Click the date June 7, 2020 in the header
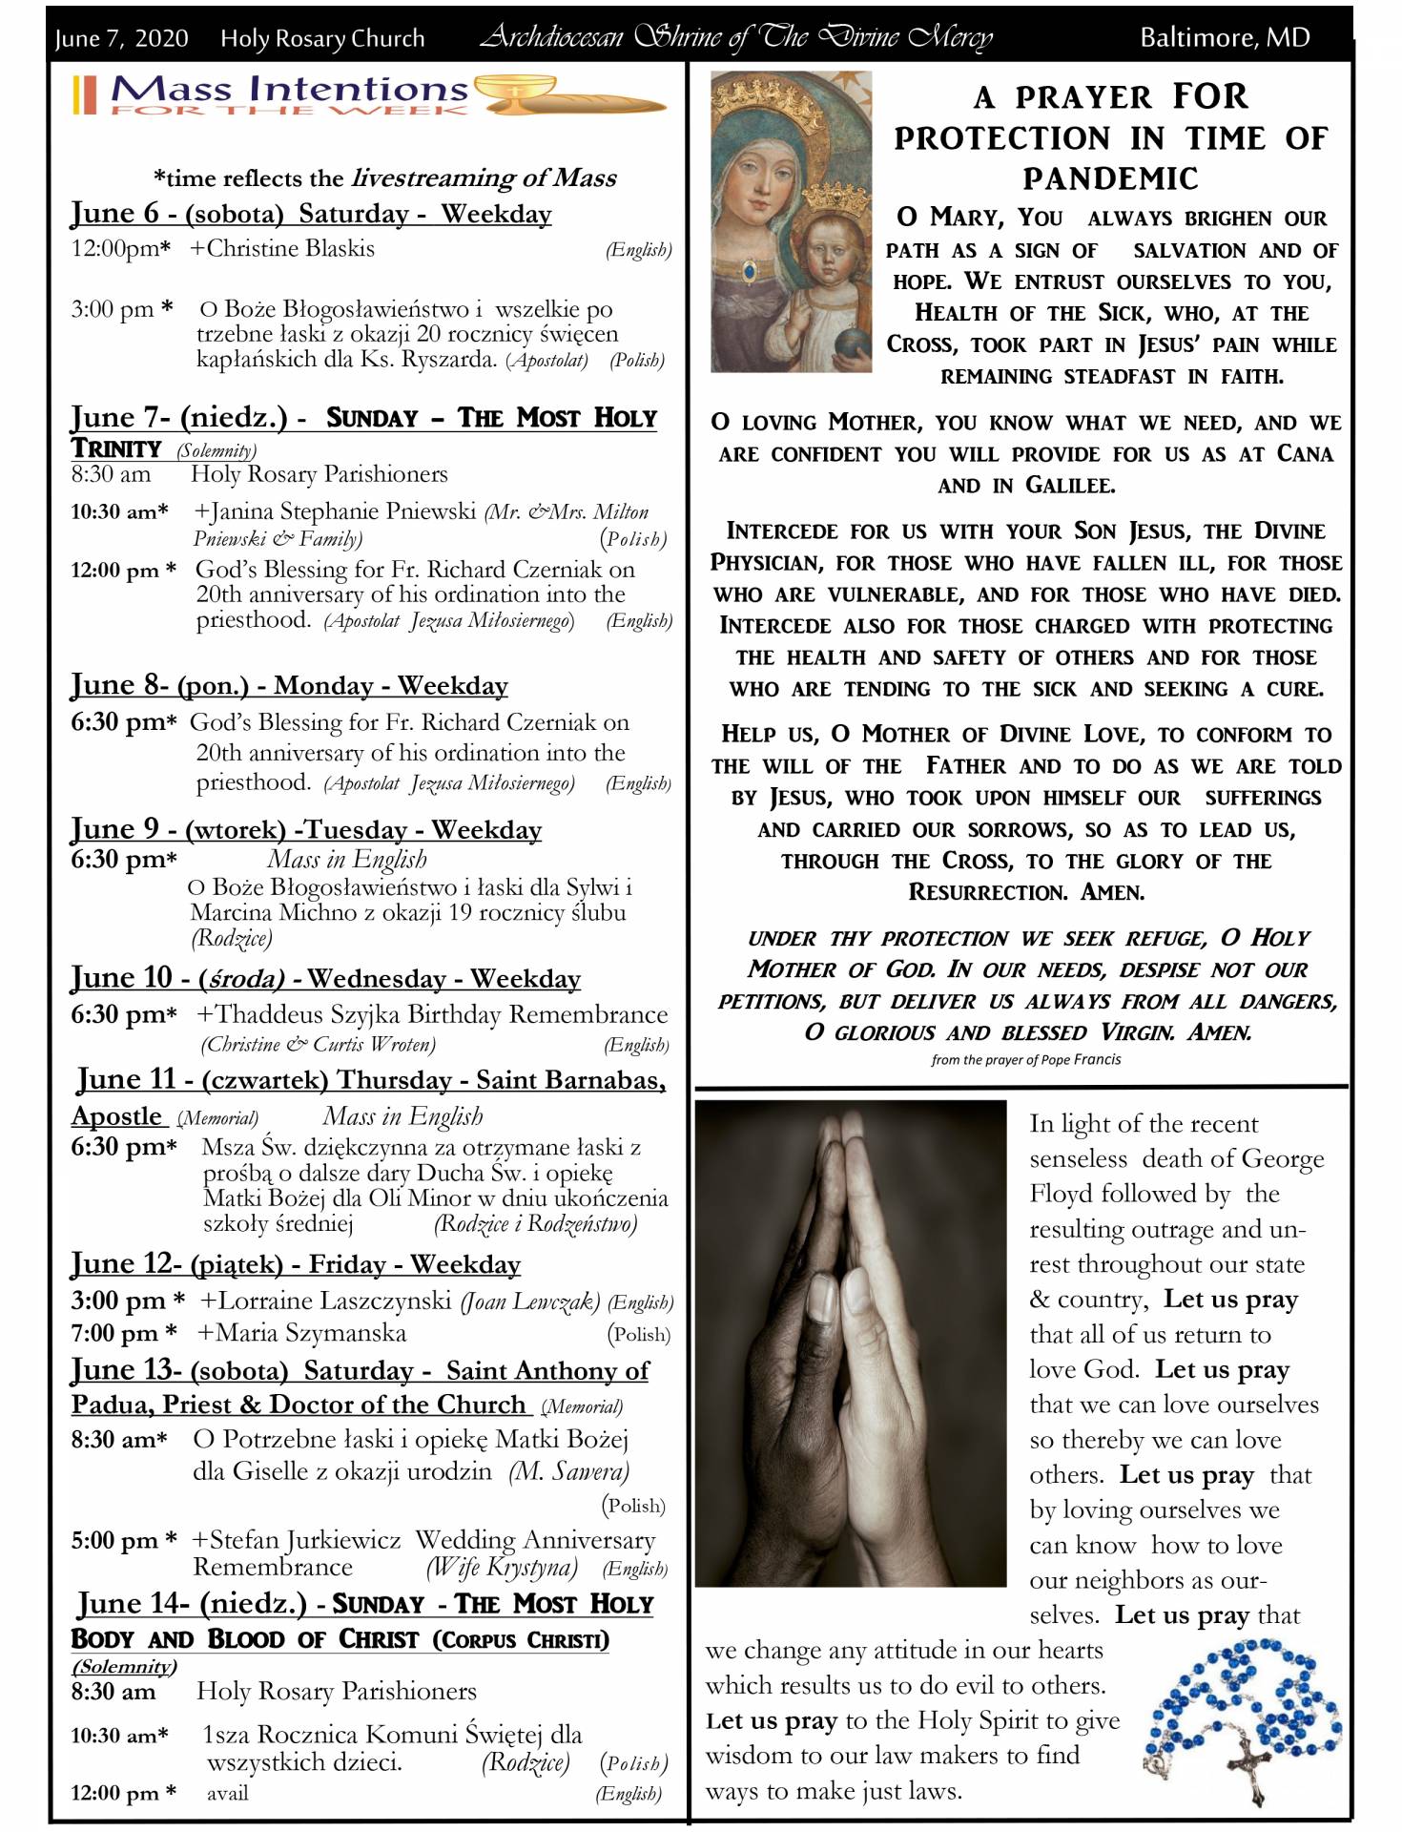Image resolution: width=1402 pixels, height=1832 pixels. coord(121,38)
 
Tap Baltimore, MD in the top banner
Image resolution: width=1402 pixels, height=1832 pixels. coord(1225,38)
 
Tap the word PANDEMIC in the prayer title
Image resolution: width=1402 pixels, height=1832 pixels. coord(1111,178)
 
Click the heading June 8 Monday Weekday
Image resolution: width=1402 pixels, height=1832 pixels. coord(289,685)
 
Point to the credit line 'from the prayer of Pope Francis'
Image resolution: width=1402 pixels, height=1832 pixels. coord(1026,1059)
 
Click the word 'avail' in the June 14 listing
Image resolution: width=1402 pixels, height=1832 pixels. coord(228,1793)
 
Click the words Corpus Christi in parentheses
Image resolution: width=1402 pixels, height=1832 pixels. coord(521,1640)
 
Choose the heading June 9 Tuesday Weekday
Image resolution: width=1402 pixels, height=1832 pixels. coord(306,829)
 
